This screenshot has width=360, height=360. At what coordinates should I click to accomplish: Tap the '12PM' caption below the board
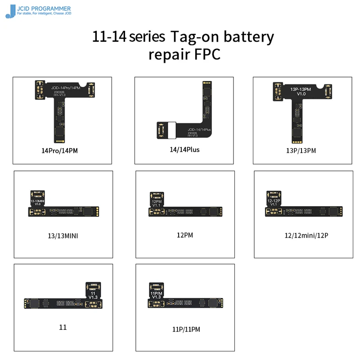coord(185,234)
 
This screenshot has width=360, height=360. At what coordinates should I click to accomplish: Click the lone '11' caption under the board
coord(63,327)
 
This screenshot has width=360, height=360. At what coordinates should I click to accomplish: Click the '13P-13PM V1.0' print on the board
coord(301,91)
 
